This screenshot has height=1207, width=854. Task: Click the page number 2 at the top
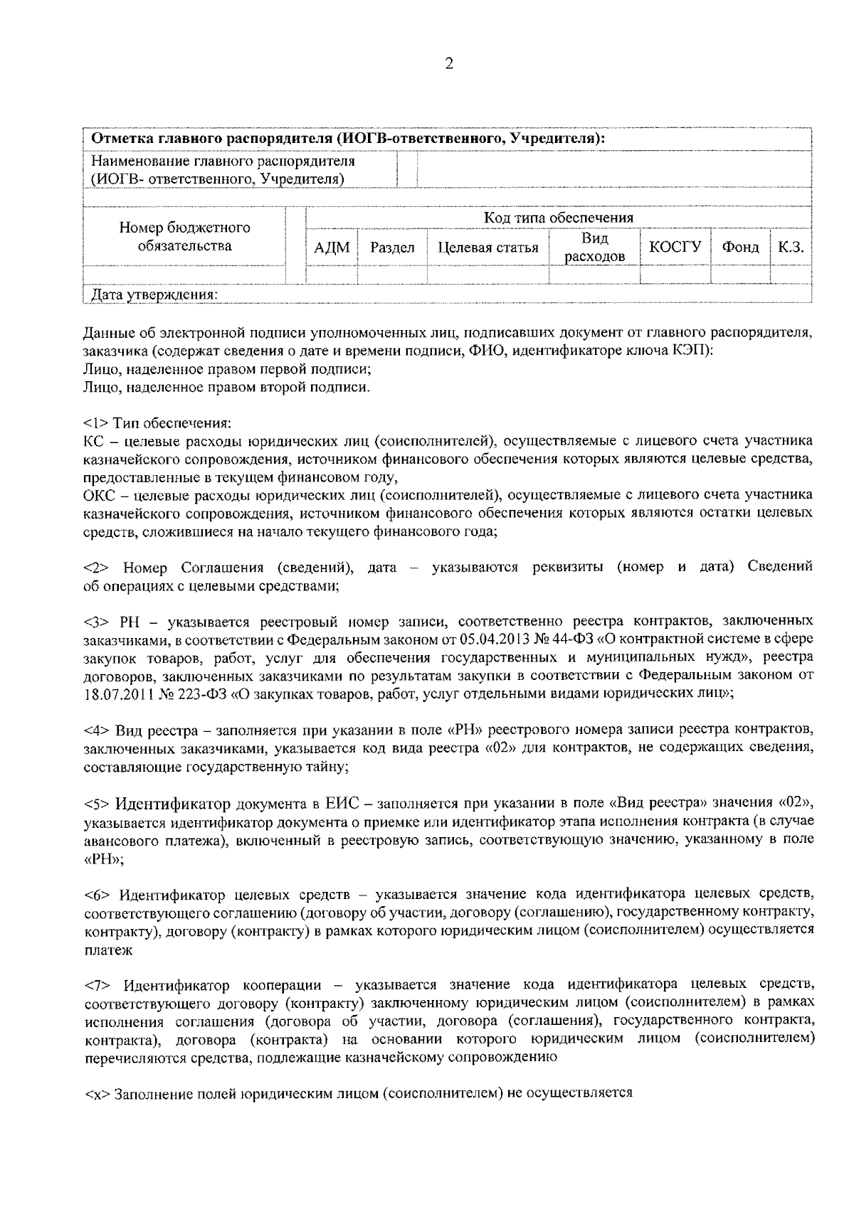pos(448,64)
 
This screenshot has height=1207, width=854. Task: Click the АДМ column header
pos(332,248)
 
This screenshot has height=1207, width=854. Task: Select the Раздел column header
pos(392,248)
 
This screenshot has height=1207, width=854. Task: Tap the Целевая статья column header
pos(487,248)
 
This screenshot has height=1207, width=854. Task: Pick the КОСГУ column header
pos(675,246)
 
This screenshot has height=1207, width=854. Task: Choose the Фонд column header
pos(740,247)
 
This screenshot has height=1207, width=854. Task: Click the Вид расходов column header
pos(595,247)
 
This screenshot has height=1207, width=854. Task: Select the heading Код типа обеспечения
pos(559,218)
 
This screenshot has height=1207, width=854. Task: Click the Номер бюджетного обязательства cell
pos(184,237)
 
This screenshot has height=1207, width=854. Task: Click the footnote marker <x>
pos(96,1092)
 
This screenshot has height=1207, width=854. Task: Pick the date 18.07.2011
pos(117,694)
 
